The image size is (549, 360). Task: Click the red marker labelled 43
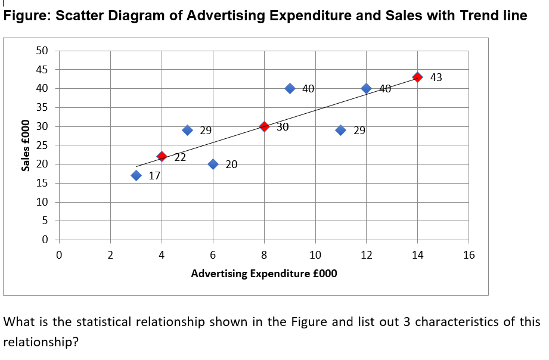coord(418,77)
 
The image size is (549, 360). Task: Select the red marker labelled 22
coord(162,156)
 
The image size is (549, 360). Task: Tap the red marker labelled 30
coord(264,126)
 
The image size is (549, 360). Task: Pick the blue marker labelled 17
coord(136,175)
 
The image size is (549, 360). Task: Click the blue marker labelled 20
coord(213,164)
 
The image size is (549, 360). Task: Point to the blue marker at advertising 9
coord(290,88)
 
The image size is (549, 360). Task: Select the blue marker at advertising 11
coord(341,130)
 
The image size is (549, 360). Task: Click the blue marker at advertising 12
coord(367,88)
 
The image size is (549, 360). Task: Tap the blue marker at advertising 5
coord(187,130)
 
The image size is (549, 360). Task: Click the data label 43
coord(436,77)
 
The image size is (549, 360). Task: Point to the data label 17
coord(154,176)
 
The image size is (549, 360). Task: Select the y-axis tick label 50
coord(41,51)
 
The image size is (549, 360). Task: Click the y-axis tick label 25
coord(41,145)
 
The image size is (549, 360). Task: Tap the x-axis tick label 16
coord(469,256)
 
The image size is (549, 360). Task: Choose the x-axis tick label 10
coord(315,256)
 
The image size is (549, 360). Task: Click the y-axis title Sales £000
coord(25,145)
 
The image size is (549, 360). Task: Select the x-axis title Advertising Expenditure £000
coord(263,274)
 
